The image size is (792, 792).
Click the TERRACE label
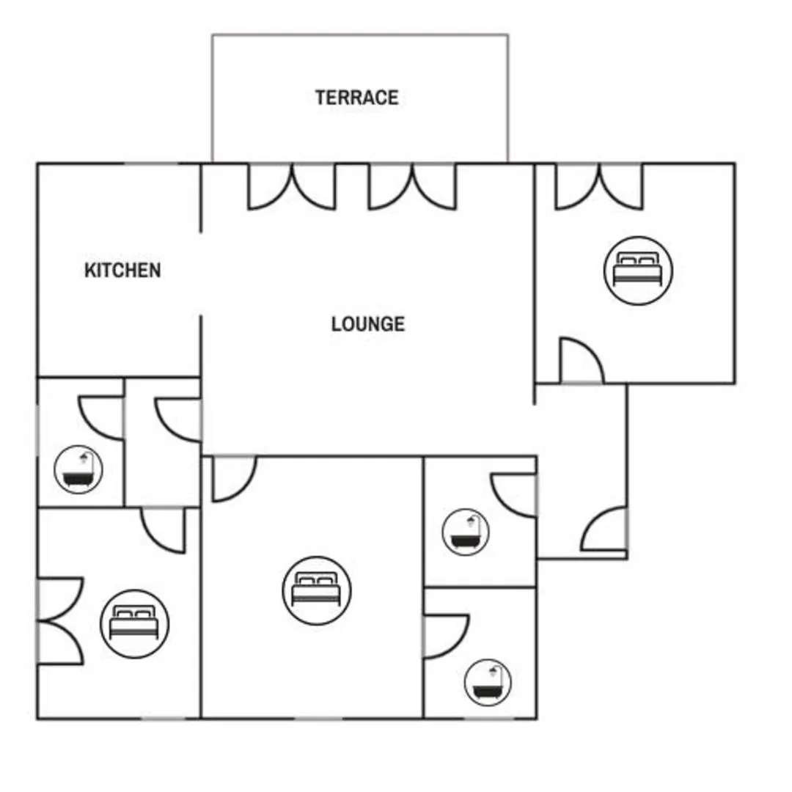[x=356, y=98]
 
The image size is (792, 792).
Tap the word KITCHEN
[x=122, y=270]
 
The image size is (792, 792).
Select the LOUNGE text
[x=367, y=324]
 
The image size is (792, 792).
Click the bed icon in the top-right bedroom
[x=638, y=271]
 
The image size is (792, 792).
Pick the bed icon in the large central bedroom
[x=317, y=590]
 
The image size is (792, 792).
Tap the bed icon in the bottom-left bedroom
[x=134, y=624]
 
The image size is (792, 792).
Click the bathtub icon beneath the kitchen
[x=78, y=469]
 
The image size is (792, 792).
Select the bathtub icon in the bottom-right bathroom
[x=488, y=683]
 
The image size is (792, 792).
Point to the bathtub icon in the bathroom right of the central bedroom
[x=465, y=532]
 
